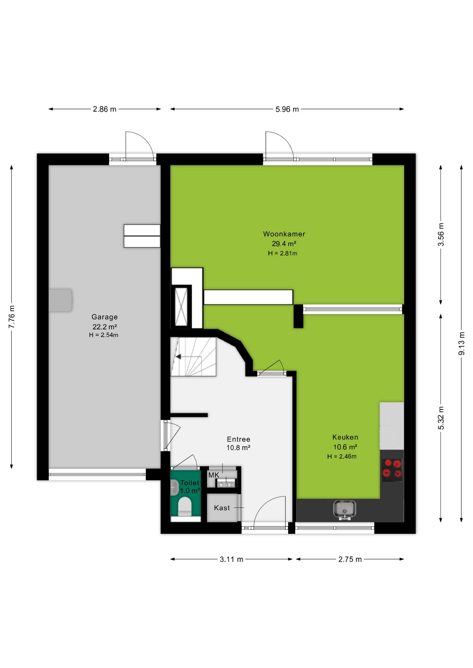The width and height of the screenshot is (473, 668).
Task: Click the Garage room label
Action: tap(104, 317)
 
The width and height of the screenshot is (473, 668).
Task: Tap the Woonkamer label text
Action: tap(284, 234)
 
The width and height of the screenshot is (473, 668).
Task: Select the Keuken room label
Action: tap(345, 437)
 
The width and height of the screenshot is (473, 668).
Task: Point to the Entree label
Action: tap(239, 439)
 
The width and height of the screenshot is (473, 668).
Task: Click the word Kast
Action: tap(222, 508)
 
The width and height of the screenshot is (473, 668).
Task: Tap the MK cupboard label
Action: tap(214, 475)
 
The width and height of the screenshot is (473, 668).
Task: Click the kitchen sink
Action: tap(344, 510)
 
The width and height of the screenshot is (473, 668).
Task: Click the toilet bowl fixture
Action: tap(185, 506)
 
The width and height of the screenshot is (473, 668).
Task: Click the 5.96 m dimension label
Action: tap(287, 109)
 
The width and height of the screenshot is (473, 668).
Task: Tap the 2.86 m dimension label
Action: tap(104, 109)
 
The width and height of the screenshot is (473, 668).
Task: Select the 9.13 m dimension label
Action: tap(462, 343)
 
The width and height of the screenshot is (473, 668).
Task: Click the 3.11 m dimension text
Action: tap(231, 559)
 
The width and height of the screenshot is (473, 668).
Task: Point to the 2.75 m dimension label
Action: tap(350, 559)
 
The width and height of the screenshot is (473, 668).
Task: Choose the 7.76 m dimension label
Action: tap(12, 317)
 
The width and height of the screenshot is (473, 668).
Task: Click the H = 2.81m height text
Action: tap(282, 253)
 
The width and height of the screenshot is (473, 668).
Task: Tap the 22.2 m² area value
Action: tap(104, 327)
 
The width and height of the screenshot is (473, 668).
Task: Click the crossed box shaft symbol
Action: tap(181, 307)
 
